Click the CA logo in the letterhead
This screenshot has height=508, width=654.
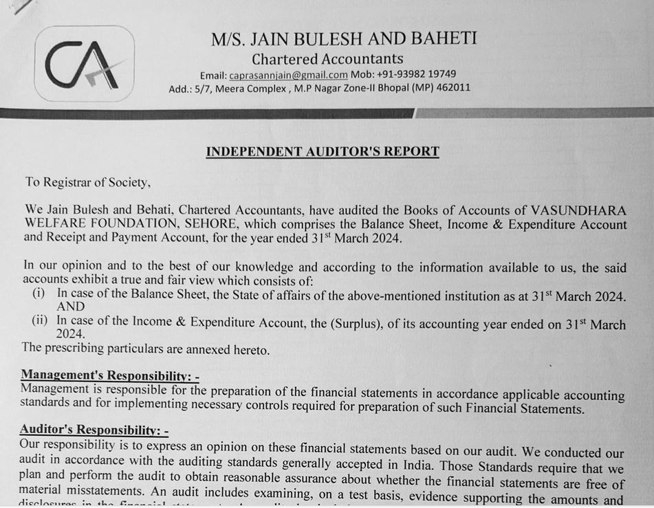click(x=85, y=65)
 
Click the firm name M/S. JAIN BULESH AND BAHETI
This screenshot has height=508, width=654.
click(x=343, y=39)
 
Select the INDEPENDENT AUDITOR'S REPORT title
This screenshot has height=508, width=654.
click(x=322, y=151)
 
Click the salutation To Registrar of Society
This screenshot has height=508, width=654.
click(x=87, y=182)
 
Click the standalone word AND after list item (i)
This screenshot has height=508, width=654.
click(x=71, y=307)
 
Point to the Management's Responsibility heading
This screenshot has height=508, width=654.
click(x=109, y=375)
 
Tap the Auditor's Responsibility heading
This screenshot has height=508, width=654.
click(x=94, y=430)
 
